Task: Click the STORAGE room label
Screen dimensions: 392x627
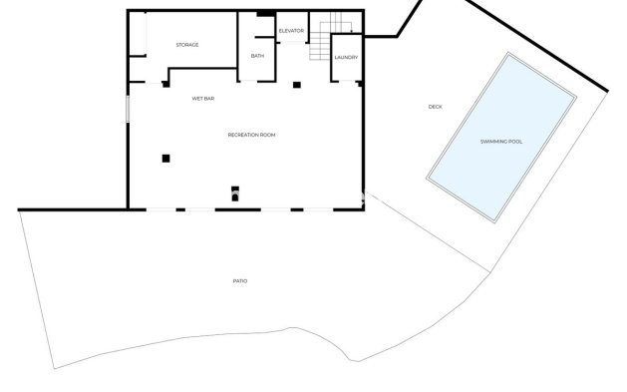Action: click(x=187, y=45)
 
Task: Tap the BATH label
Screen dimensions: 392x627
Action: click(x=257, y=56)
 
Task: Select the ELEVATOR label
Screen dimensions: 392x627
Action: click(x=291, y=31)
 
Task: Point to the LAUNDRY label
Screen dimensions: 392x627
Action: click(x=346, y=58)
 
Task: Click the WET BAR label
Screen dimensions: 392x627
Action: click(x=204, y=99)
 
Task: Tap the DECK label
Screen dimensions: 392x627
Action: click(x=435, y=107)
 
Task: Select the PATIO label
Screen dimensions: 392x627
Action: click(x=239, y=281)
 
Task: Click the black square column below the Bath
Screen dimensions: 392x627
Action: click(x=296, y=84)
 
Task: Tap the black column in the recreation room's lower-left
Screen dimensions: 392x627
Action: click(x=166, y=157)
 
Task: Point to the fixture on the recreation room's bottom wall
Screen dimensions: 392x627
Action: click(x=235, y=193)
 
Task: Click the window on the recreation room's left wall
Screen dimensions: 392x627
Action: click(x=127, y=109)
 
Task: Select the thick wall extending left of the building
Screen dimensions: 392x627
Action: click(x=72, y=209)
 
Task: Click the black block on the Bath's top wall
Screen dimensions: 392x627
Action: click(x=263, y=13)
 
